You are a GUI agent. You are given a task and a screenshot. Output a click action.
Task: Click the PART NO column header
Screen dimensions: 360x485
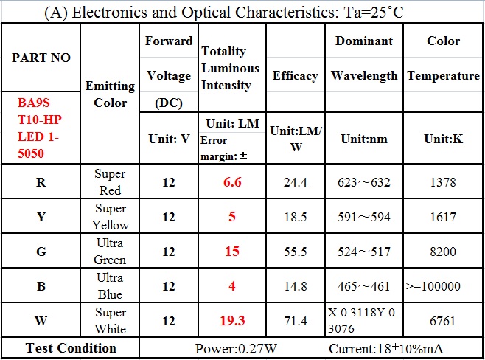(41, 58)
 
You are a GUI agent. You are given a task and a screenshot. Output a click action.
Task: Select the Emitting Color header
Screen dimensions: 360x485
(110, 94)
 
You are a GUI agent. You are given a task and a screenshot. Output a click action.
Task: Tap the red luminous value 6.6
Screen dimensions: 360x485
(232, 182)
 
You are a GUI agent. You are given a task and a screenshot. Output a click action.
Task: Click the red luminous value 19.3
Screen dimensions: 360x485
(232, 322)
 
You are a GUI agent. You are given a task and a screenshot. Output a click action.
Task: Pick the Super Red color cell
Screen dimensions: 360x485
(110, 181)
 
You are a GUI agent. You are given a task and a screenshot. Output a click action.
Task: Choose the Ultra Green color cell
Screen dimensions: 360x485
(110, 251)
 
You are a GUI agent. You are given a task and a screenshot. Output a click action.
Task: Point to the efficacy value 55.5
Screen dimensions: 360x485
(295, 252)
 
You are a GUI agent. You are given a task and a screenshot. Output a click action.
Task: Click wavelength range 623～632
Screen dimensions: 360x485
(364, 182)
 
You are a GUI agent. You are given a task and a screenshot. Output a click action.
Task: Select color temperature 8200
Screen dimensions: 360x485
(443, 252)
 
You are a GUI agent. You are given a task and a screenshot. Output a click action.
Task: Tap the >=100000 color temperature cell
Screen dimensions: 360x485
(443, 286)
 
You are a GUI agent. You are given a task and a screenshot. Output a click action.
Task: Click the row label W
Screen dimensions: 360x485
(41, 322)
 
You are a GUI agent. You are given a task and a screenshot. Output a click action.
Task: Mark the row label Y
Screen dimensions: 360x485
(41, 217)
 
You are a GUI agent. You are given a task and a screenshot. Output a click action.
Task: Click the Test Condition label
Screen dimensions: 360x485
(71, 348)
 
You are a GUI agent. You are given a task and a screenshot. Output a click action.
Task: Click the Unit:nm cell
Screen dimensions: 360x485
(364, 139)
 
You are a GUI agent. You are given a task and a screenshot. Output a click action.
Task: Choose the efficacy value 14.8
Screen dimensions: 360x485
(295, 286)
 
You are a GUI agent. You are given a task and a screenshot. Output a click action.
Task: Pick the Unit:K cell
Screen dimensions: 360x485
(443, 139)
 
